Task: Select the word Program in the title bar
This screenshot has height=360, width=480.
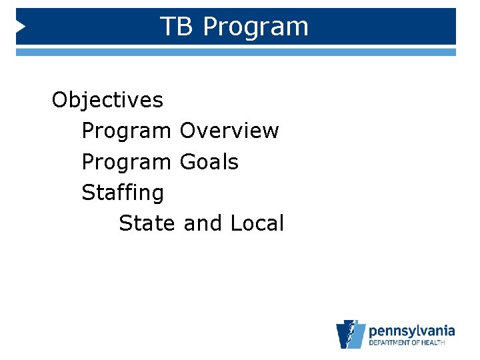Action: pyautogui.click(x=255, y=27)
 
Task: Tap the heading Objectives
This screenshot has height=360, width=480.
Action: pyautogui.click(x=107, y=100)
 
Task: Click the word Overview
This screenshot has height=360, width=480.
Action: pyautogui.click(x=229, y=131)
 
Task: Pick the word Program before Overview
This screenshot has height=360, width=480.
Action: pyautogui.click(x=126, y=131)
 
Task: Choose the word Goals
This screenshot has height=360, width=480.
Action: pyautogui.click(x=209, y=161)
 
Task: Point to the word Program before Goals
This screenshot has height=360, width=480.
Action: pyautogui.click(x=126, y=162)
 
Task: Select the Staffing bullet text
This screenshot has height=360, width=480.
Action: pyautogui.click(x=122, y=193)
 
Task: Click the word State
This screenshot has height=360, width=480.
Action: pyautogui.click(x=147, y=223)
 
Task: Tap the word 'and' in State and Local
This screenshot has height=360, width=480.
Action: pyautogui.click(x=203, y=223)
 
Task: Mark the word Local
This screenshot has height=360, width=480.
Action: pyautogui.click(x=257, y=223)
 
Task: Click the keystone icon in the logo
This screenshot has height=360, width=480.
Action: pyautogui.click(x=350, y=334)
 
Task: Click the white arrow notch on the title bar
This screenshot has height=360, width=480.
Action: pyautogui.click(x=21, y=27)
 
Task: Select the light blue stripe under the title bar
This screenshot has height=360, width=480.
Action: pyautogui.click(x=236, y=52)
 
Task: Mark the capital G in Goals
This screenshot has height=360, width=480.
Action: pyautogui.click(x=188, y=161)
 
